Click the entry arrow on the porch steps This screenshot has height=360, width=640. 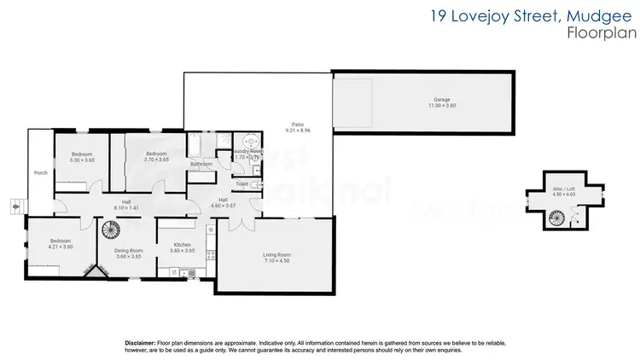15,205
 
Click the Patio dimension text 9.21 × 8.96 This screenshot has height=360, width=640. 298,131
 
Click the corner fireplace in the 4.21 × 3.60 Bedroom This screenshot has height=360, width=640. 92,272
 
